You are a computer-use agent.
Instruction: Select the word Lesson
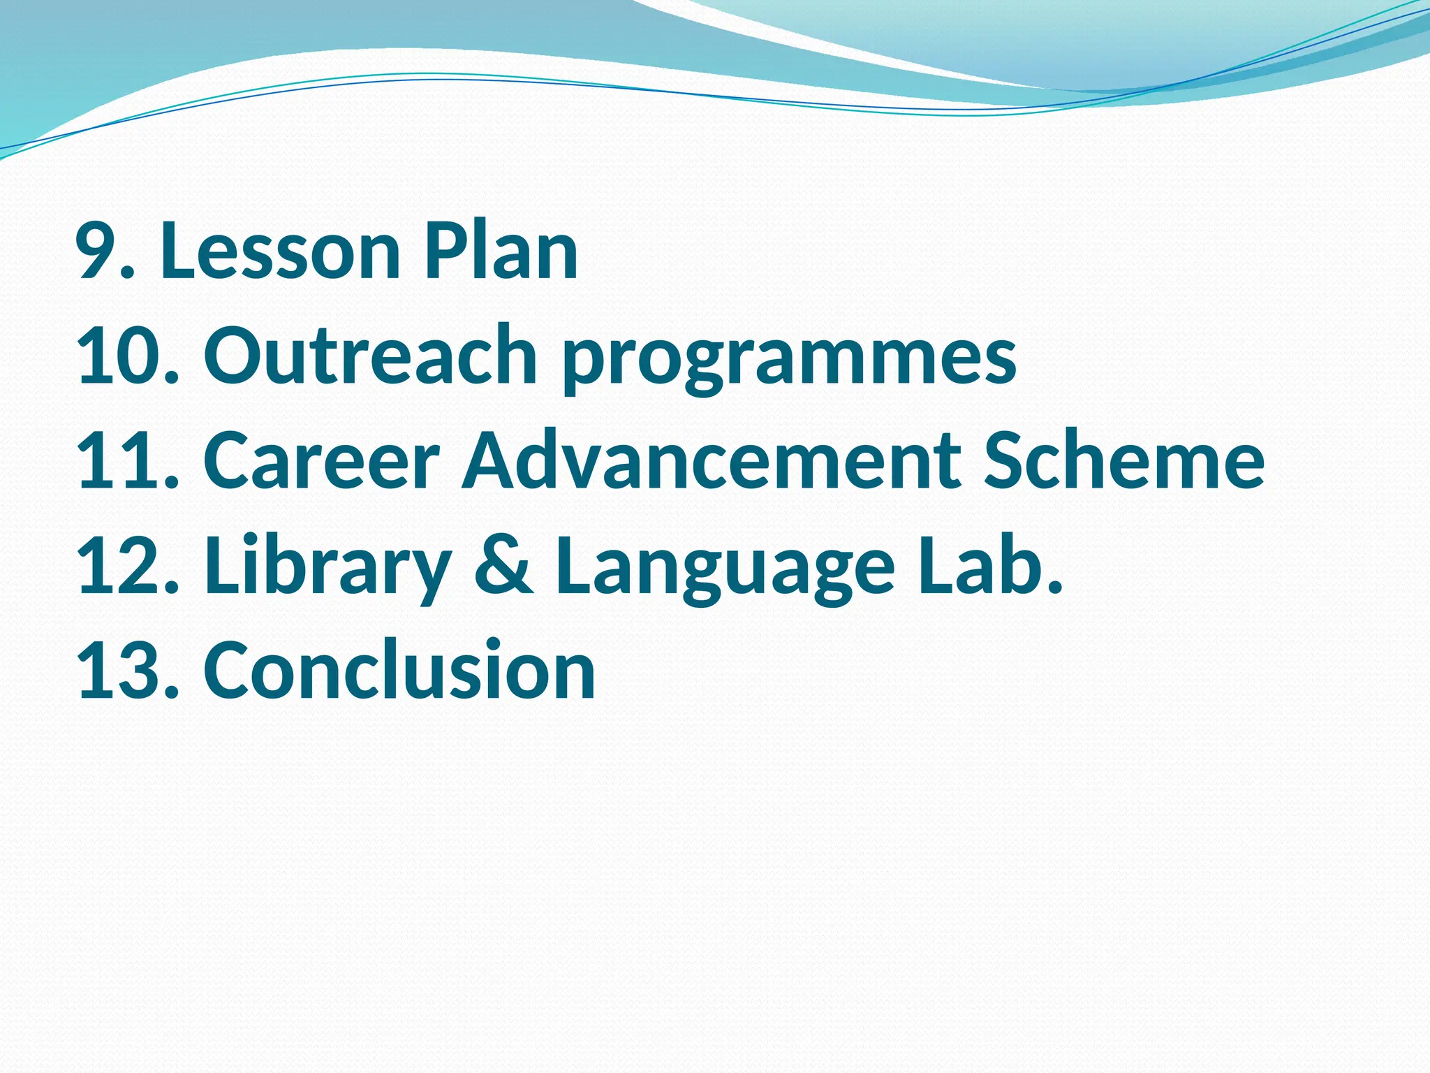click(x=280, y=251)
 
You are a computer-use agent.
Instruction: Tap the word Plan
click(x=501, y=251)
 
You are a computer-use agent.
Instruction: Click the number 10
click(x=119, y=356)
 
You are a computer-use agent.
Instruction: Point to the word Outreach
click(x=371, y=356)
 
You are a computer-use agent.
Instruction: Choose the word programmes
click(x=789, y=360)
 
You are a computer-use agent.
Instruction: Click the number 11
click(x=119, y=461)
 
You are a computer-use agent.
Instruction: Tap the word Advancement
click(x=713, y=461)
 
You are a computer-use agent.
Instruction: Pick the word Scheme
click(x=1124, y=461)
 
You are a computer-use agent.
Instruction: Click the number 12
click(x=119, y=566)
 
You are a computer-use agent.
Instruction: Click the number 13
click(x=119, y=671)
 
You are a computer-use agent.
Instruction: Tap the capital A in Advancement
click(x=497, y=461)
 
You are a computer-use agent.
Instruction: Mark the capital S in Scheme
click(x=1008, y=461)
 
